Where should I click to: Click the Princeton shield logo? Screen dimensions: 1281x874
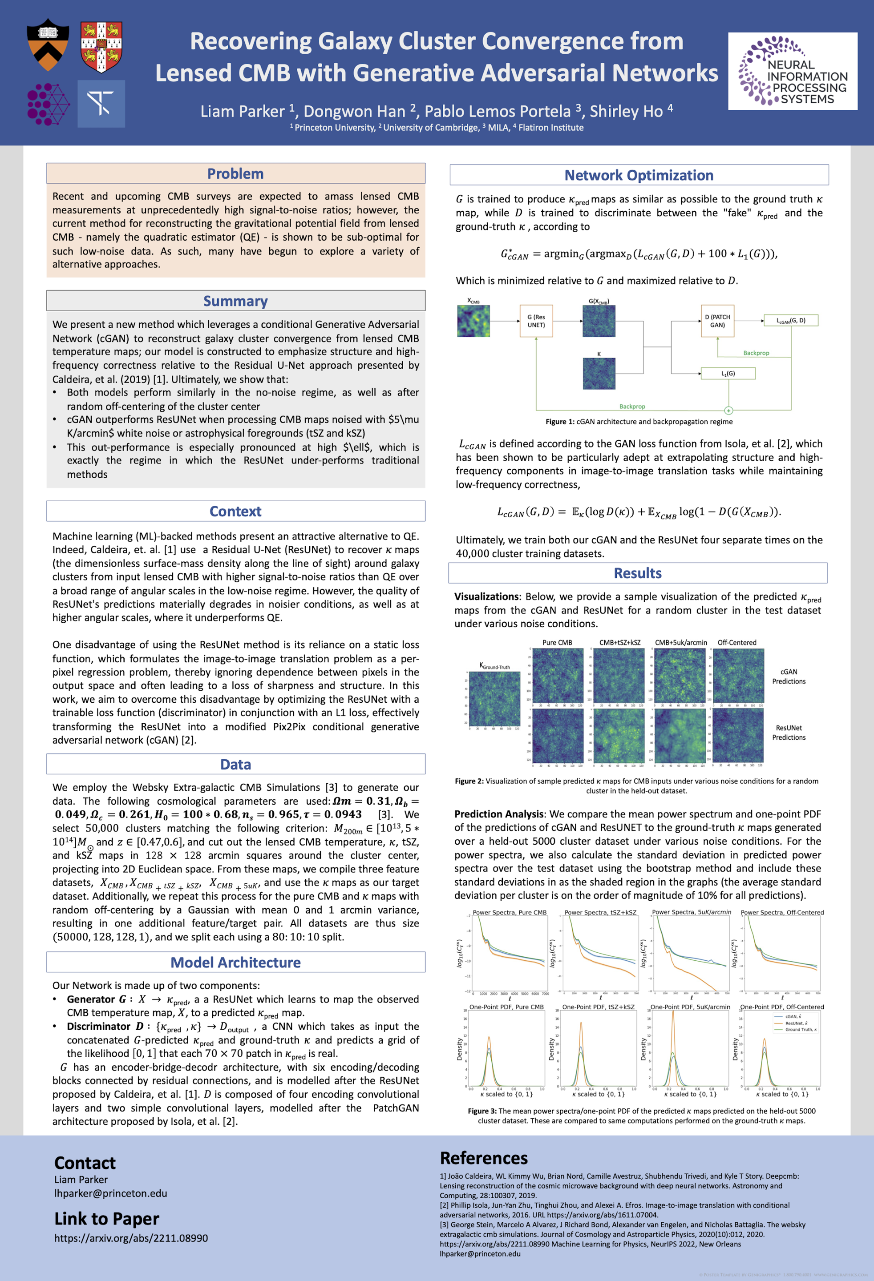(48, 45)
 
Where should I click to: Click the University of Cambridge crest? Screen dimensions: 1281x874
(101, 47)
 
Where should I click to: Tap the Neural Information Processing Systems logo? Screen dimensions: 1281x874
(793, 71)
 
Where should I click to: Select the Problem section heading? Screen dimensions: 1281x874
(235, 173)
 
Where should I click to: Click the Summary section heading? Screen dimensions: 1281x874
(235, 301)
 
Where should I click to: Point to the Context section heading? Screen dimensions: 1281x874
(235, 511)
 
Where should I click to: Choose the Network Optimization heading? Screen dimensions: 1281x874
(639, 175)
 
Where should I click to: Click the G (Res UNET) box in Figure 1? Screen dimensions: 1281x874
(536, 321)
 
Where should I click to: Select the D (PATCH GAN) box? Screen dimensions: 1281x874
(717, 321)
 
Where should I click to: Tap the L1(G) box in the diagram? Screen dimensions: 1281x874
(728, 374)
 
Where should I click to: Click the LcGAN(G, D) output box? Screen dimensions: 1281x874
(791, 320)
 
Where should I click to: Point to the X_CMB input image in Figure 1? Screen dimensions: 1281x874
(473, 321)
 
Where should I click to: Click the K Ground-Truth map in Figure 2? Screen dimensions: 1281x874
(494, 698)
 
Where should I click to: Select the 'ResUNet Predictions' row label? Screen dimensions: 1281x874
(789, 733)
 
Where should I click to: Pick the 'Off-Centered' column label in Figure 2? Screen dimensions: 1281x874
(736, 643)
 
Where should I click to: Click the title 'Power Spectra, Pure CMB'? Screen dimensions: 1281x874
(509, 913)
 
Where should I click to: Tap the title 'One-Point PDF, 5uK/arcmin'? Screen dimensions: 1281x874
(690, 1007)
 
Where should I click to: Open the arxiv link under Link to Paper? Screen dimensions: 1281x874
(131, 1238)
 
